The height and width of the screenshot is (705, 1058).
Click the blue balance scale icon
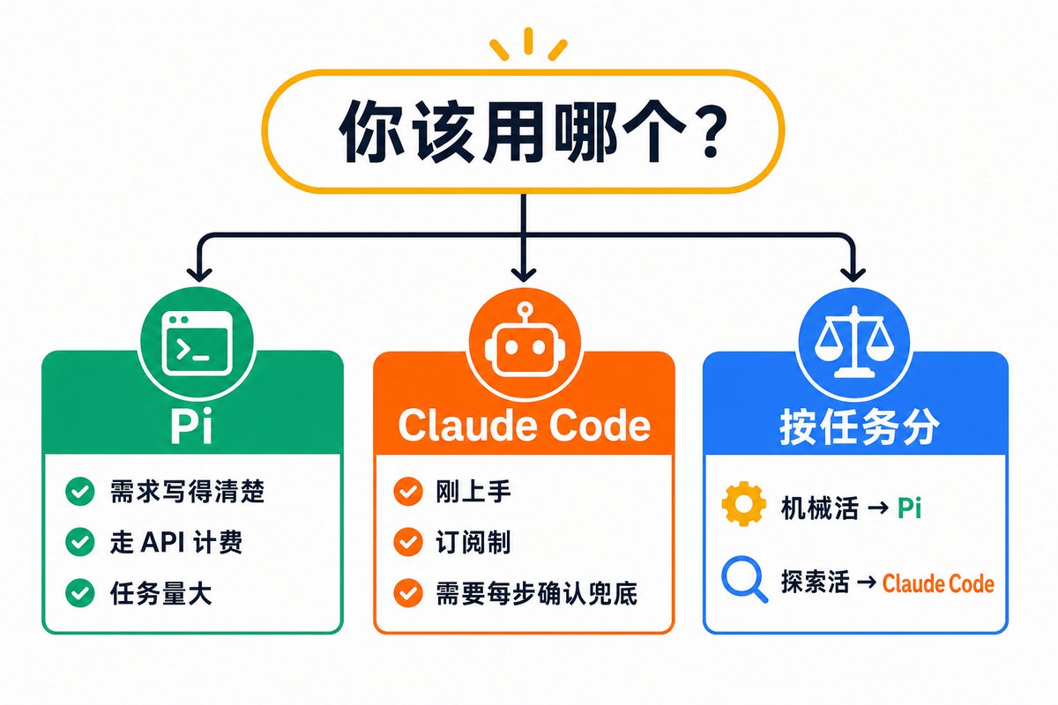[x=854, y=342]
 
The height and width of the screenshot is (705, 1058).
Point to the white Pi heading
[x=191, y=427]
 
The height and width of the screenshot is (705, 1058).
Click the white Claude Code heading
[x=525, y=426]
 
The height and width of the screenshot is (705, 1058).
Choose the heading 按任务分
[x=859, y=427]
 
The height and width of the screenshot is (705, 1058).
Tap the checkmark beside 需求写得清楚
[x=80, y=492]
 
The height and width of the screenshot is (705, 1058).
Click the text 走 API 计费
[x=176, y=542]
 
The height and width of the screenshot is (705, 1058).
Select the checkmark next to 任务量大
[x=80, y=592]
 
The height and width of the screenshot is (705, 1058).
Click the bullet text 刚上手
[x=473, y=492]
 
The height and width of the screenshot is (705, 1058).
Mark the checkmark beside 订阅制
[x=408, y=542]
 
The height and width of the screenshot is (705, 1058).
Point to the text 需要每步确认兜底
[x=537, y=593]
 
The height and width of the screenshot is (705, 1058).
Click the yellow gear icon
[x=744, y=504]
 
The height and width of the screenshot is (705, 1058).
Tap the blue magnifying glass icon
[x=744, y=579]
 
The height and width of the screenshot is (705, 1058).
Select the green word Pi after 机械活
[x=909, y=508]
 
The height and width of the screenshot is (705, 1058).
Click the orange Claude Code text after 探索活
[x=938, y=583]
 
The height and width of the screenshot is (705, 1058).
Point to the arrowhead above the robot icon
[x=524, y=274]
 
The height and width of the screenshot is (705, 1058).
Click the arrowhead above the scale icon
[x=853, y=274]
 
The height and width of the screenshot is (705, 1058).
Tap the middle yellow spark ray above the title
[x=528, y=41]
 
